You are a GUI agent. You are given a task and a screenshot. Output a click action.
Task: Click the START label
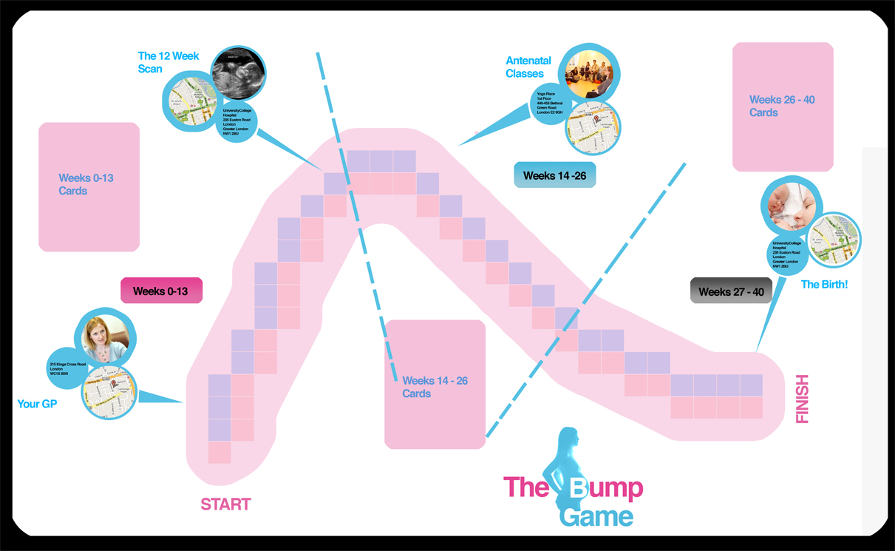pyautogui.click(x=225, y=504)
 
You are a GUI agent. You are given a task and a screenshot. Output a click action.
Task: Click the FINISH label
pyautogui.click(x=802, y=399)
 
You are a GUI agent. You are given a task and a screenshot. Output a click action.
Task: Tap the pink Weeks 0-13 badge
pyautogui.click(x=161, y=291)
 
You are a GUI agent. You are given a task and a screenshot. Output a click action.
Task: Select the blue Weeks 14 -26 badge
pyautogui.click(x=554, y=175)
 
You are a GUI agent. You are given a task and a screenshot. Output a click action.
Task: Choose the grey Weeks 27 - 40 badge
pyautogui.click(x=731, y=291)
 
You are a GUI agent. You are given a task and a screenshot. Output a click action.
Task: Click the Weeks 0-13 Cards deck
pyautogui.click(x=89, y=186)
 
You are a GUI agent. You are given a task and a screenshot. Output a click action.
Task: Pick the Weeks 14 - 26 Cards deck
pyautogui.click(x=435, y=385)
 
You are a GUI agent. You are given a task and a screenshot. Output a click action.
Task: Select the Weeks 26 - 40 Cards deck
pyautogui.click(x=783, y=107)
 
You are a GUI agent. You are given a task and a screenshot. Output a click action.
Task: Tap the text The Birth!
pyautogui.click(x=824, y=284)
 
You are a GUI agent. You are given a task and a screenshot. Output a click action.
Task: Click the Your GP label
pyautogui.click(x=37, y=404)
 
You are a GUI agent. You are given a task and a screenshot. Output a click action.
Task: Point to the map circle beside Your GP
pyautogui.click(x=109, y=392)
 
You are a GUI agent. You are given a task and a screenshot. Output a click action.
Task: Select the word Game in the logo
pyautogui.click(x=596, y=515)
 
